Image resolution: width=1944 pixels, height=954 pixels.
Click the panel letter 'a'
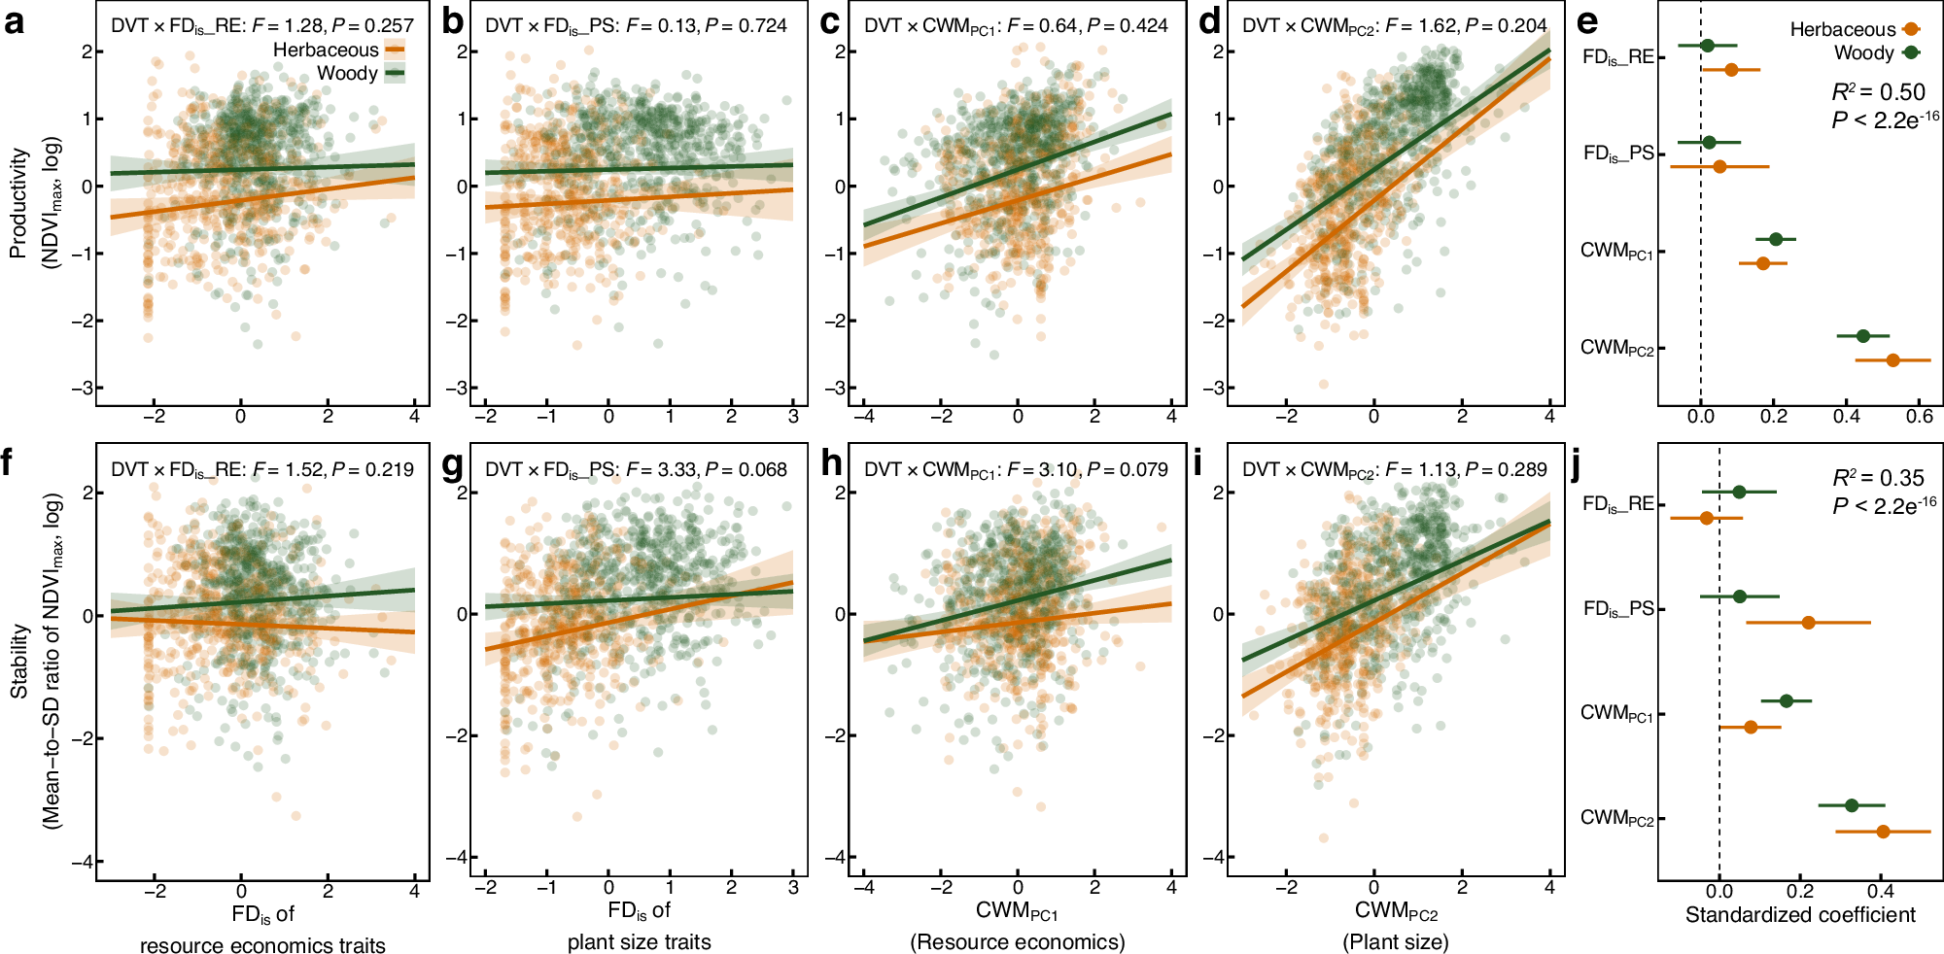(14, 21)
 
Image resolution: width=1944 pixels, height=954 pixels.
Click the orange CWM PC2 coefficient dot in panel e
(1892, 360)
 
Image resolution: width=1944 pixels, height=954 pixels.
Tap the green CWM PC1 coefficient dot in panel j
(1786, 700)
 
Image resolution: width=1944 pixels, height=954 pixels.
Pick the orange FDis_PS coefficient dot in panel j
(1808, 622)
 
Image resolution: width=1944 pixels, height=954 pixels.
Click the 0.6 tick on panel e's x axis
(1919, 417)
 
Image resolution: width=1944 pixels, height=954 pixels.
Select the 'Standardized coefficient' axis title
(1800, 915)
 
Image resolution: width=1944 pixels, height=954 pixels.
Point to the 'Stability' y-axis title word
(17, 661)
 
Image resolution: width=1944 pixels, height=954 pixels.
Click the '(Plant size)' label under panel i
(1396, 941)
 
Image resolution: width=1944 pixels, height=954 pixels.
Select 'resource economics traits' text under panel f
(262, 945)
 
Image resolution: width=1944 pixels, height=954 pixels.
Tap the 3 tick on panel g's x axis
(793, 888)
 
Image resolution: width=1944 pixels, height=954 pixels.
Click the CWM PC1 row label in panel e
(1616, 252)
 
